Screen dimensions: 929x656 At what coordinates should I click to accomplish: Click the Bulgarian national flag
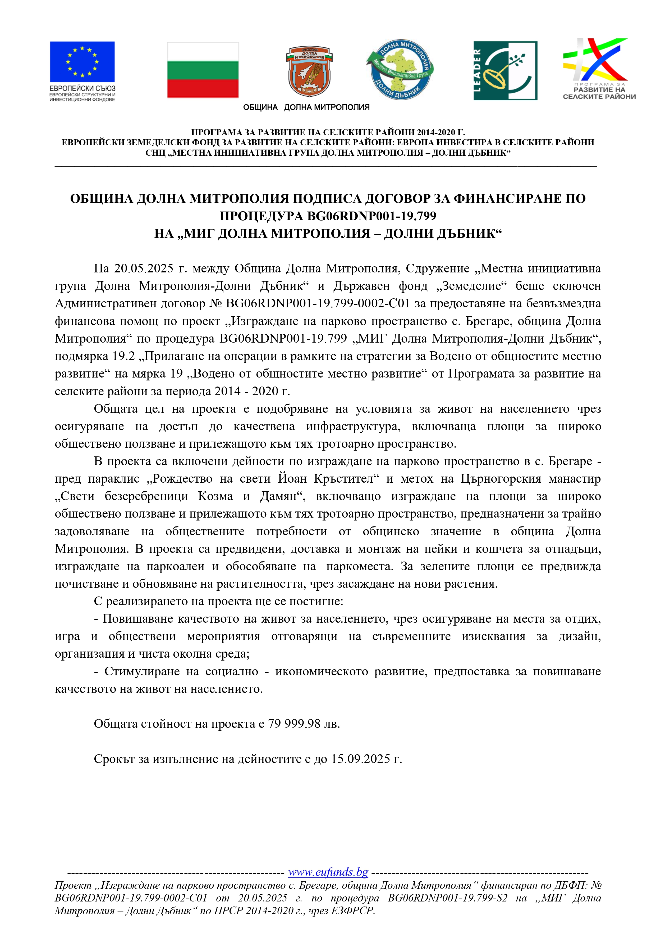click(x=203, y=70)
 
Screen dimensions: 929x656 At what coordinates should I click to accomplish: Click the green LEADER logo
click(x=505, y=70)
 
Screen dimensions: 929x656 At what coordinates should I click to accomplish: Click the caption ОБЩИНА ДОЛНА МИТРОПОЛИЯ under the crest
click(x=306, y=107)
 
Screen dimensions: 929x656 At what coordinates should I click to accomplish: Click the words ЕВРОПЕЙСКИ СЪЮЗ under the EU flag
click(x=82, y=88)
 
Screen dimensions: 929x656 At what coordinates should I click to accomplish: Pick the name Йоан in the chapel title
click(x=292, y=479)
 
